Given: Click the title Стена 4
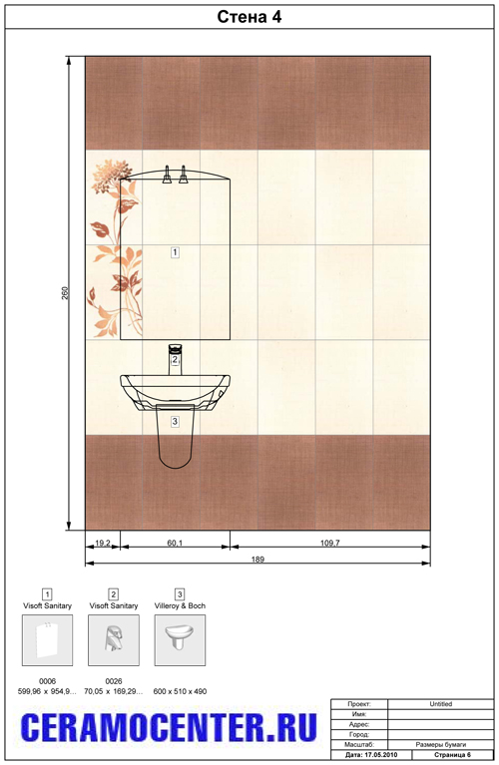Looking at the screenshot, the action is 249,17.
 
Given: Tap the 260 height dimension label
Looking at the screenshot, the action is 66,292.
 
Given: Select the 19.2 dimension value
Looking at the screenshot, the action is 103,543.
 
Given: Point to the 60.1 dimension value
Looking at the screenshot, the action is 175,543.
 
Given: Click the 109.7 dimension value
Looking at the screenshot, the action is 330,543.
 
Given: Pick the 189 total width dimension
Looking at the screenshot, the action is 257,560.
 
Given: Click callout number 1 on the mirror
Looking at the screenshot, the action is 175,252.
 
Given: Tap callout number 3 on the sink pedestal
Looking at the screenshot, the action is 175,421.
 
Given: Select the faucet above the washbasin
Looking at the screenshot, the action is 176,360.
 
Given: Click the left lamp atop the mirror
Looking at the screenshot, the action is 167,175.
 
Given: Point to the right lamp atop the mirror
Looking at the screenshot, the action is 184,175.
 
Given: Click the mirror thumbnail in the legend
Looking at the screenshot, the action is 47,639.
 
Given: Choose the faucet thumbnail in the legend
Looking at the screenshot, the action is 114,639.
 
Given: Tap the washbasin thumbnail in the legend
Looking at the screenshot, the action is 180,639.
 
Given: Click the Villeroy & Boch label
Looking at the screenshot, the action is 180,605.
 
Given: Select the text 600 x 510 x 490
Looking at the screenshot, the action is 180,691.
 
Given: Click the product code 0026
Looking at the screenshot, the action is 114,681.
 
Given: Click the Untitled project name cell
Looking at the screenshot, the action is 441,704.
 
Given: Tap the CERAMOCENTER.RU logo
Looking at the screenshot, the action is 169,727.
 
